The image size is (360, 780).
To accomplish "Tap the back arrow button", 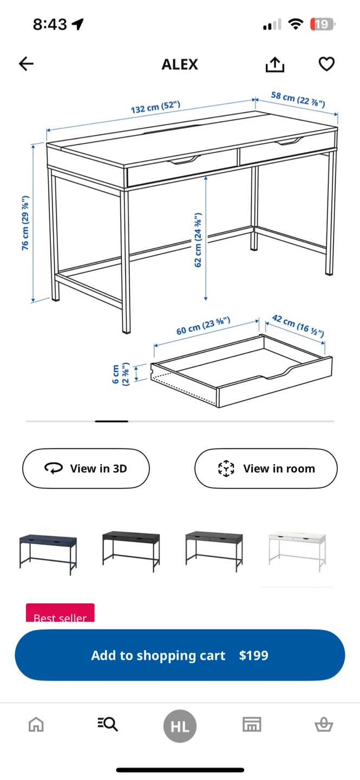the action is coord(26,64).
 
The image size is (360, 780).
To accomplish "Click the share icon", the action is coord(275,64).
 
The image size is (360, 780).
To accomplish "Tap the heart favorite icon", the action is coord(326,64).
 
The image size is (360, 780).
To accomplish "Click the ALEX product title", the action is coord(180,64).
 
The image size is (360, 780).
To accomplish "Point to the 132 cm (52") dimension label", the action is coord(155,107).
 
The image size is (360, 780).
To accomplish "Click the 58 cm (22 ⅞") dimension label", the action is coord(298,99).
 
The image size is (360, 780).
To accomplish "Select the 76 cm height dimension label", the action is coord(25,223).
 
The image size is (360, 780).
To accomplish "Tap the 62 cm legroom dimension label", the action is coord(198,240).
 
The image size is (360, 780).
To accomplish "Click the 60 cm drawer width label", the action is coord(204,326).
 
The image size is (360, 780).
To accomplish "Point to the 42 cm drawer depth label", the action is coord(298,326).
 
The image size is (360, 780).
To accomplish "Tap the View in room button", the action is coord(266,469).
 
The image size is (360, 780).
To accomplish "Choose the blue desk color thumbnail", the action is coord(48,552).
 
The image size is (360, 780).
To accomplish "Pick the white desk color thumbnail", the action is coord(297,551).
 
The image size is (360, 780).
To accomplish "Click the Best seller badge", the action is coord(60,613).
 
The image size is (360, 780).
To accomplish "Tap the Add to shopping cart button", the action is coord(180,655).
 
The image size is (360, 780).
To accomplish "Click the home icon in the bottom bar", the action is coord(36,725).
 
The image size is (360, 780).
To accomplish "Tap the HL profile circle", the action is coord(180,726).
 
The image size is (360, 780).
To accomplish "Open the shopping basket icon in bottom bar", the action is coord(324,725).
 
